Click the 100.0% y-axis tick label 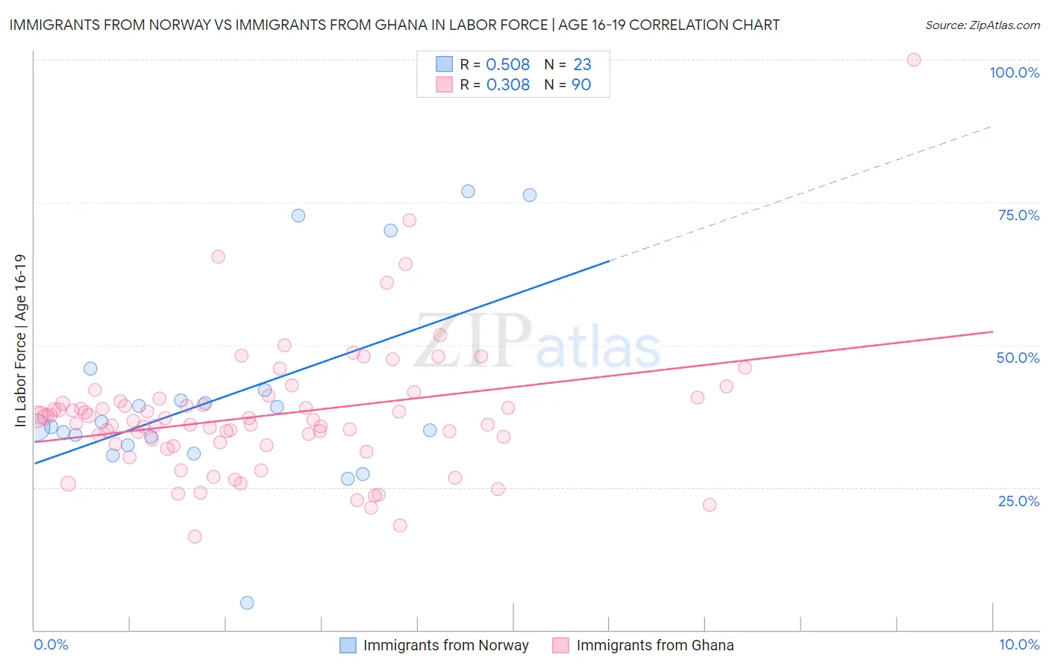1014,72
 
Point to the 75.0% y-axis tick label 1018,215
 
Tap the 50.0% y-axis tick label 1018,358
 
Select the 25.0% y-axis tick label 1018,500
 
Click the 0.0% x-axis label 51,644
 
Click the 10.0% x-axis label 1019,644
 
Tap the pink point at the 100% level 914,60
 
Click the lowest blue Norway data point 247,603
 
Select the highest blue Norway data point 468,191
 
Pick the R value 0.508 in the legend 508,64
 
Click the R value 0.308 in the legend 508,84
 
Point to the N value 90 581,84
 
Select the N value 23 582,64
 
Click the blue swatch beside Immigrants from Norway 348,645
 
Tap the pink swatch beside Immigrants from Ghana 561,645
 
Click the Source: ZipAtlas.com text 982,25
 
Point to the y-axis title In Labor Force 20,340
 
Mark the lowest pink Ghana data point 195,537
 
